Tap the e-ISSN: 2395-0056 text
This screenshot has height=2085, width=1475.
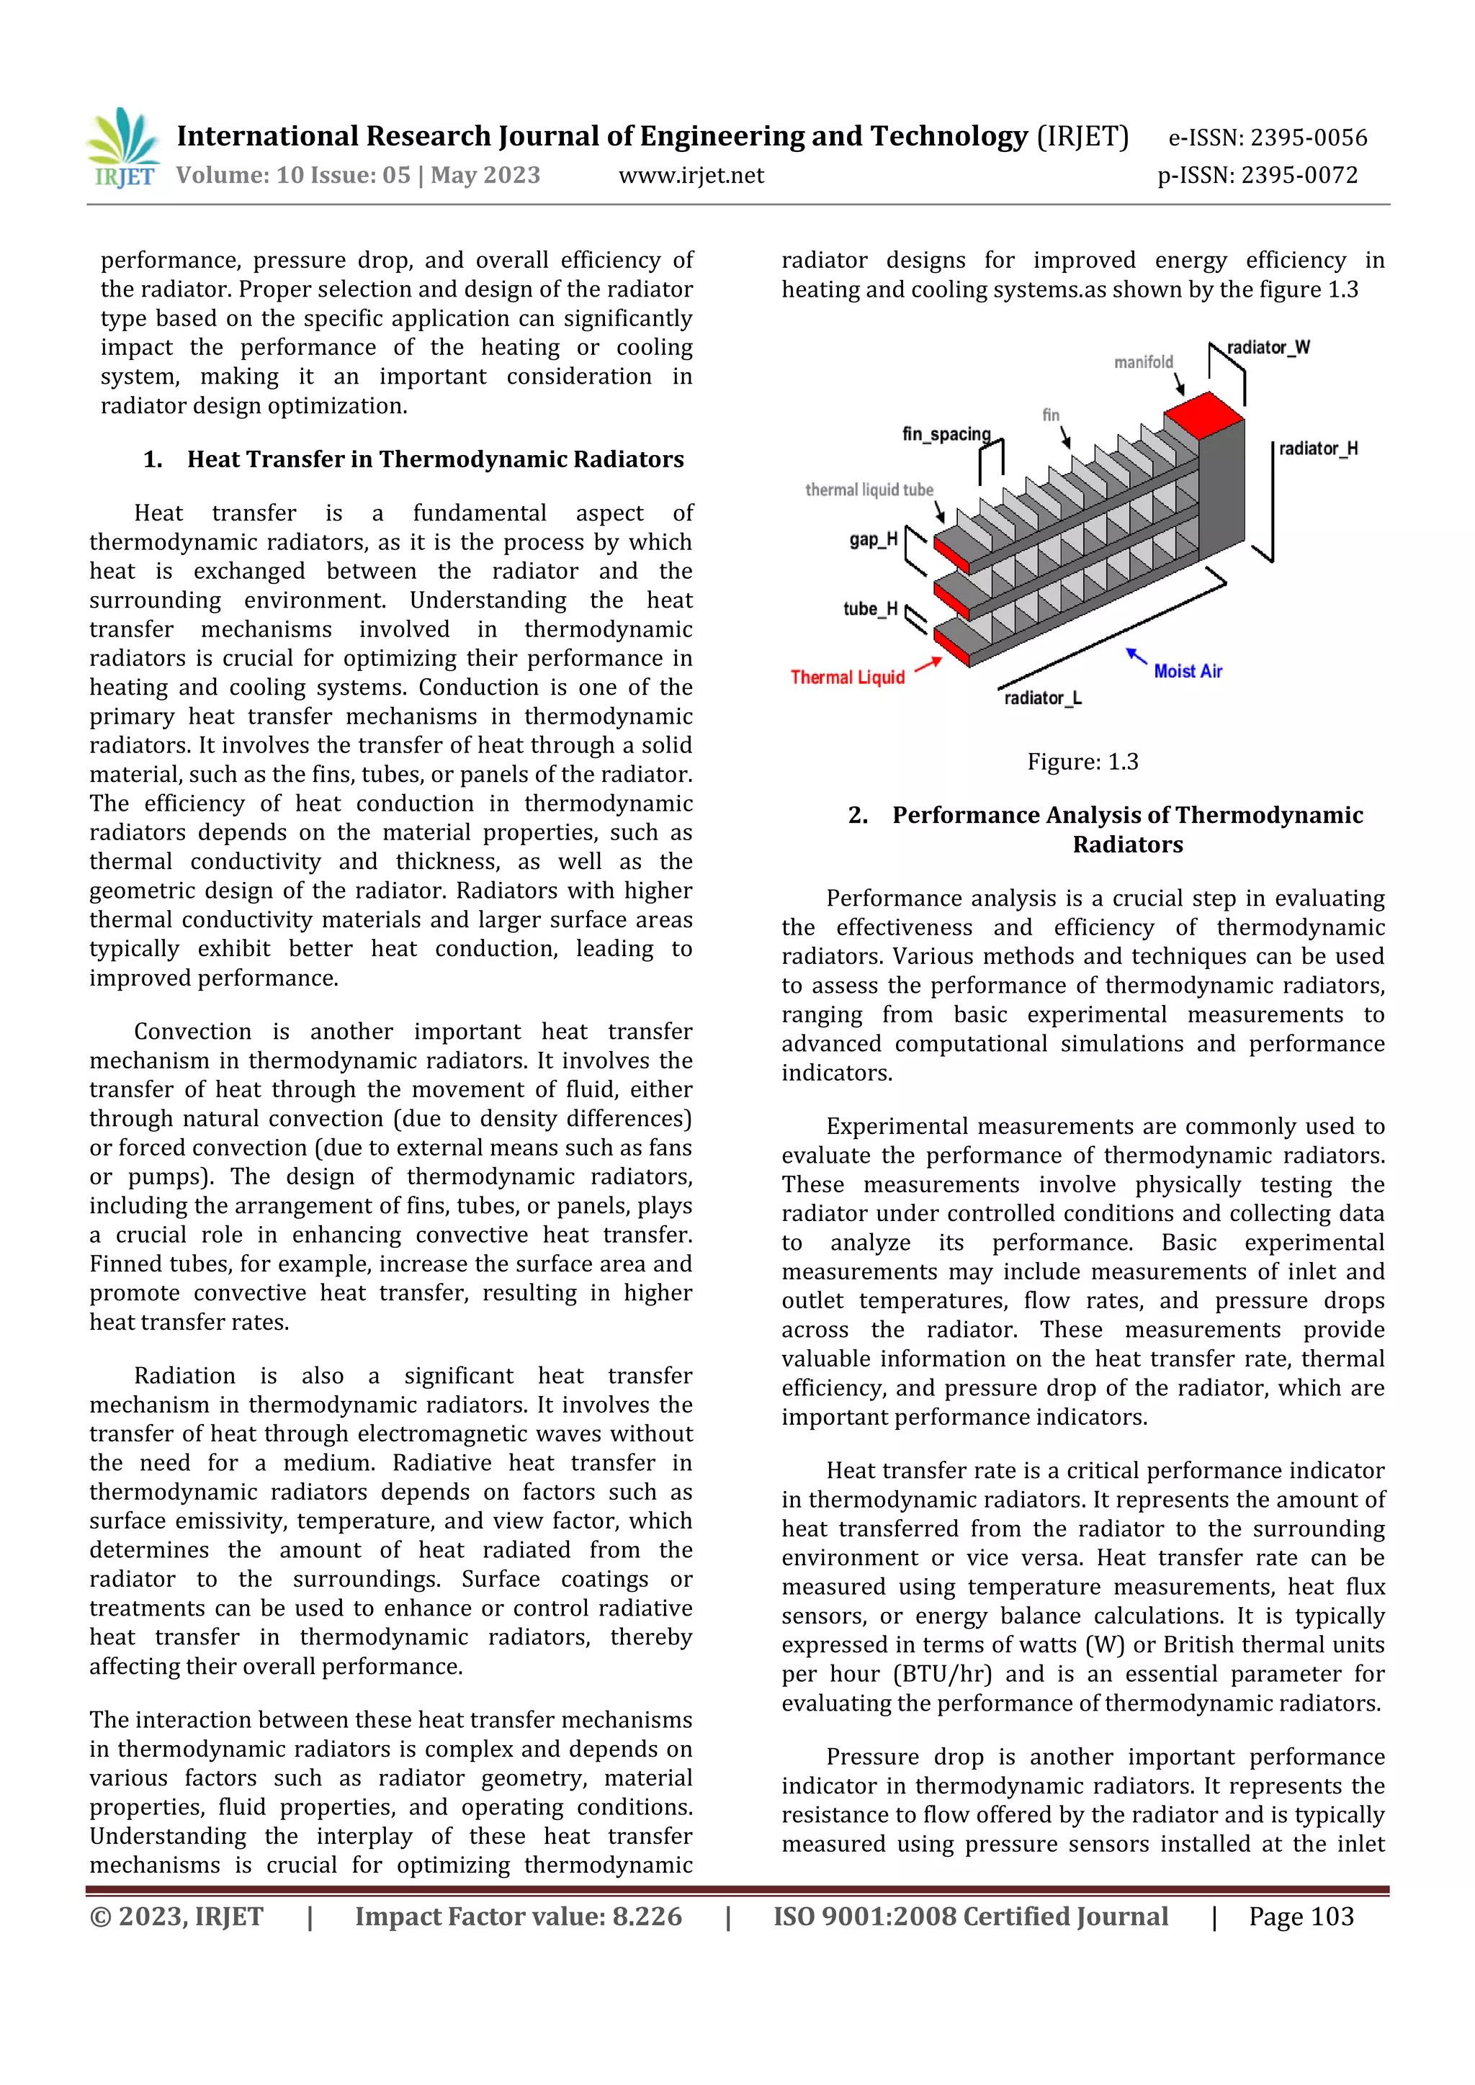(1267, 138)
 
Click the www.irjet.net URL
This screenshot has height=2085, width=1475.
(691, 175)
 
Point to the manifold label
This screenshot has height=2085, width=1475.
(1144, 362)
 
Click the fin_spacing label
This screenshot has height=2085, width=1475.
(946, 434)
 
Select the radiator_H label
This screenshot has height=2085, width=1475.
(1318, 449)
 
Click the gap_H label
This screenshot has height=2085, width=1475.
(873, 539)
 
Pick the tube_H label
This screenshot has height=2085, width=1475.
(869, 609)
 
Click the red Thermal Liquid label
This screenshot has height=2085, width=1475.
(848, 677)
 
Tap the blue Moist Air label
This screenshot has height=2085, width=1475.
(1187, 671)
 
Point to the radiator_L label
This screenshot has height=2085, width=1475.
(1043, 698)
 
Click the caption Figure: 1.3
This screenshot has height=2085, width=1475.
(1082, 762)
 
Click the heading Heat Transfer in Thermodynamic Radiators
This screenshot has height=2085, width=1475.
(435, 459)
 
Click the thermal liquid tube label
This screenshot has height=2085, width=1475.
(869, 490)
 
